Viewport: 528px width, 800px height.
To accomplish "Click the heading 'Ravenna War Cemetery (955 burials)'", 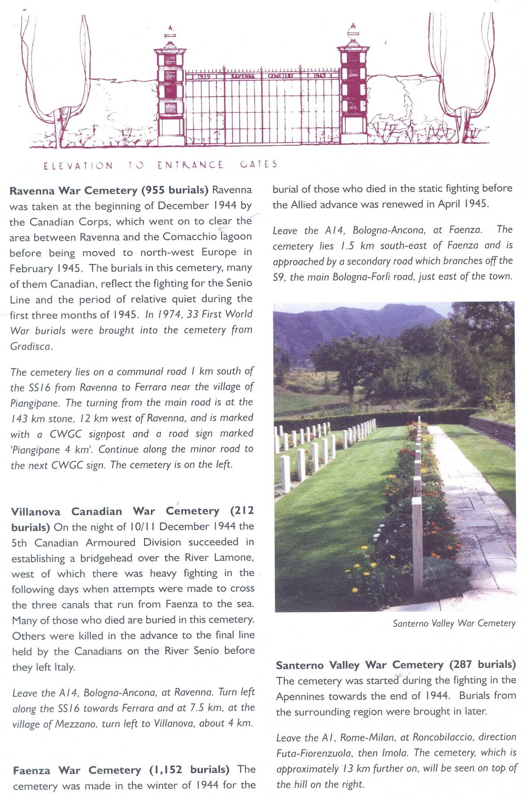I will pos(109,190).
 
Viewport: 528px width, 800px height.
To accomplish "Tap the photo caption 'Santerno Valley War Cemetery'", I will pos(454,623).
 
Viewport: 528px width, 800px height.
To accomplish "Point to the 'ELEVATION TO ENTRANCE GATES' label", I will pos(160,165).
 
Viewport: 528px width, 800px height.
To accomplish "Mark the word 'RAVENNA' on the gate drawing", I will pos(243,76).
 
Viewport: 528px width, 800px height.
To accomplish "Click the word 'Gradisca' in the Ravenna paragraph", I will pos(30,347).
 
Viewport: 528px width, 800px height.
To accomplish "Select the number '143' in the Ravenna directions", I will pos(19,419).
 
